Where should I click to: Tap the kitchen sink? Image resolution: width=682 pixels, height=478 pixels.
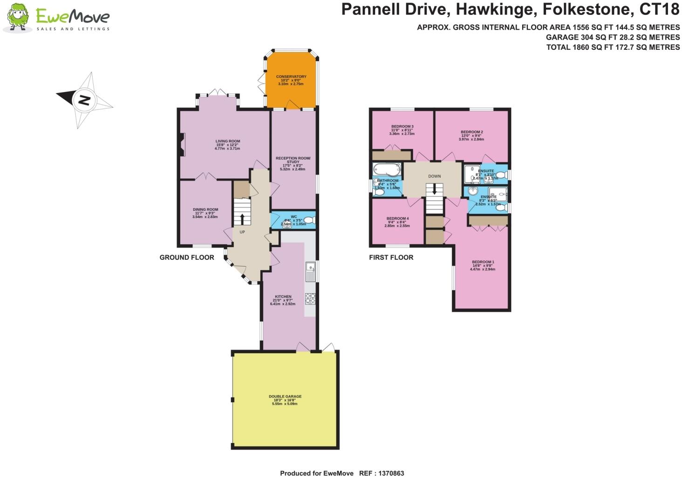pyautogui.click(x=310, y=272)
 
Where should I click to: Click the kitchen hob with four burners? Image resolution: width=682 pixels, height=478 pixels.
pyautogui.click(x=310, y=299)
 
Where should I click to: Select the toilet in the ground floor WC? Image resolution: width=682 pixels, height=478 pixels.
pyautogui.click(x=310, y=220)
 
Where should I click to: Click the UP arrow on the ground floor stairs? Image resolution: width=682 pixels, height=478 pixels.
pyautogui.click(x=242, y=218)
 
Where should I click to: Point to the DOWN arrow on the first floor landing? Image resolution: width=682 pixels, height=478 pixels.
pyautogui.click(x=434, y=189)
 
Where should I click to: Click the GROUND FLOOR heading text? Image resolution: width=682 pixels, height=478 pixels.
pyautogui.click(x=187, y=257)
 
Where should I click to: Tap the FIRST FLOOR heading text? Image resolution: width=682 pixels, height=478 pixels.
pyautogui.click(x=391, y=257)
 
